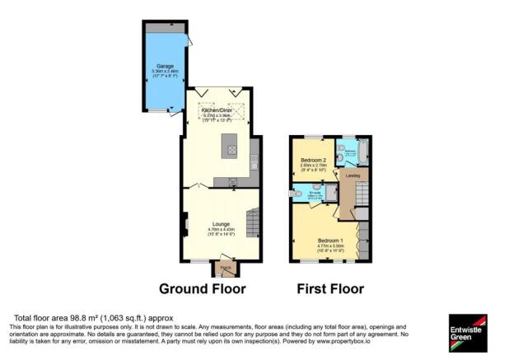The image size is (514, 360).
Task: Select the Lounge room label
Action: (220, 223)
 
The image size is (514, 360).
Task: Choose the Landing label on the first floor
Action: (352, 175)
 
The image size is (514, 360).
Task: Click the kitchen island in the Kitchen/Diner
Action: (231, 149)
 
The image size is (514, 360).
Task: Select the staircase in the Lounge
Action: (254, 223)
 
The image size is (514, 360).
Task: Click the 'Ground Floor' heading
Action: (202, 289)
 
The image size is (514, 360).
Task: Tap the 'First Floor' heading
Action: (329, 289)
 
